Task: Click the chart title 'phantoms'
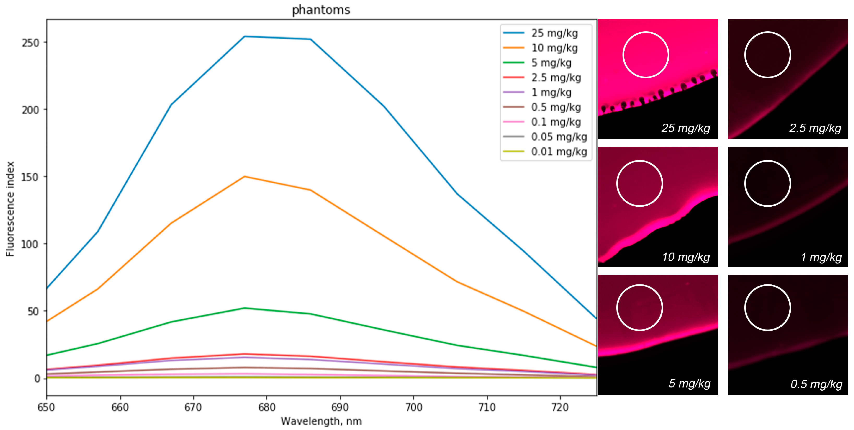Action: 321,10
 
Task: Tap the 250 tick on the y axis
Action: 30,43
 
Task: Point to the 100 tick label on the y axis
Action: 30,244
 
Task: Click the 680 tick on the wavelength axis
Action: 266,407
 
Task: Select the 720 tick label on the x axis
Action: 560,407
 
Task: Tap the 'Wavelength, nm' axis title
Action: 321,421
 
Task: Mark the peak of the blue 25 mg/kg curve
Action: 244,37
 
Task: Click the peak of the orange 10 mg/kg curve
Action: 244,176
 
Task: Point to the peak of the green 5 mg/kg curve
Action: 244,308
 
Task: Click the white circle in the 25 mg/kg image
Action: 645,55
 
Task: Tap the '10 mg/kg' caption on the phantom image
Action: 686,257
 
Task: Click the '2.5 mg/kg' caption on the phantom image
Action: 815,128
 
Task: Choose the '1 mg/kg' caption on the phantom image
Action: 821,257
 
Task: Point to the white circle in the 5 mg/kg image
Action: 639,308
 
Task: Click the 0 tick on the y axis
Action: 37,379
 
